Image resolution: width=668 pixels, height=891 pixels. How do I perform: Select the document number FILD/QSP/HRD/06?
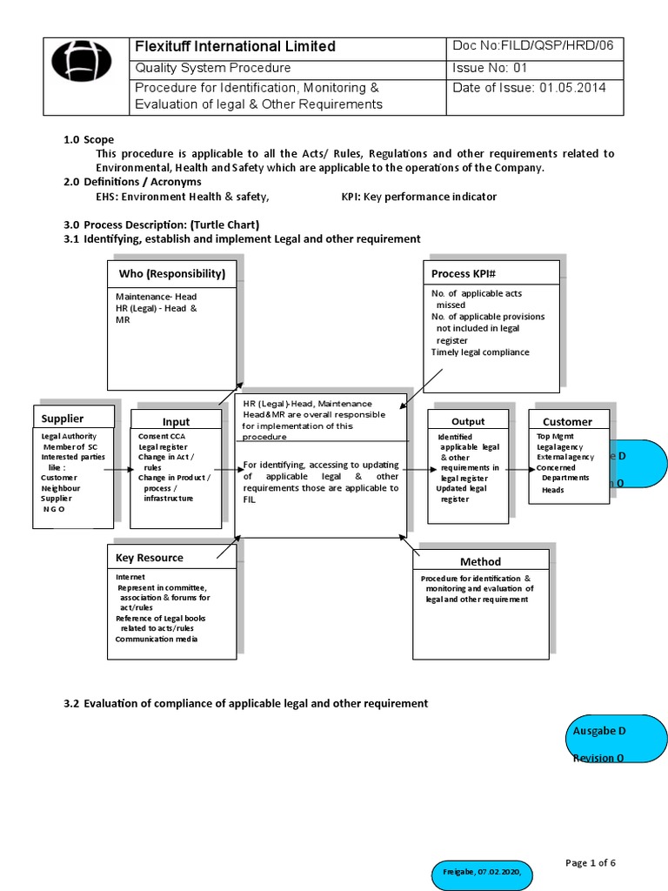532,46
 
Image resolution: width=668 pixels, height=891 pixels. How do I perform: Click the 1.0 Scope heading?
89,139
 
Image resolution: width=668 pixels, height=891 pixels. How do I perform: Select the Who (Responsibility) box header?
171,273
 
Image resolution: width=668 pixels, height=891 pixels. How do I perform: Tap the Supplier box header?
63,419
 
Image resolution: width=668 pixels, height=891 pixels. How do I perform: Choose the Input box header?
176,422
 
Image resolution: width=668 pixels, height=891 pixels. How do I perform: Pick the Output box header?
468,421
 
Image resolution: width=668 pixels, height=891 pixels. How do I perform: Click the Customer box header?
567,421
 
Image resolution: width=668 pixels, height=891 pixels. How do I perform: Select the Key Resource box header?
150,557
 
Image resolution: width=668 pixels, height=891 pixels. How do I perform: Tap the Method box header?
480,561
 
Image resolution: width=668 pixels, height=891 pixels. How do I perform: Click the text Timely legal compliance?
479,352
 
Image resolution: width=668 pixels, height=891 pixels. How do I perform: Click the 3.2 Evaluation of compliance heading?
245,702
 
